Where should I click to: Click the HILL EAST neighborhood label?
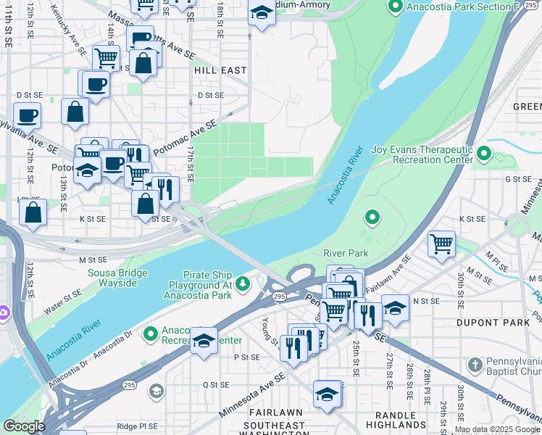[x=220, y=70]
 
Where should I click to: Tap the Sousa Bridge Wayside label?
[x=117, y=278]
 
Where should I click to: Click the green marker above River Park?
[x=372, y=217]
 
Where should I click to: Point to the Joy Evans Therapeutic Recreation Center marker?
[x=483, y=154]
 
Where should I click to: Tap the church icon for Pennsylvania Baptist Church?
[x=475, y=365]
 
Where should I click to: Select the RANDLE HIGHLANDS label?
[x=396, y=424]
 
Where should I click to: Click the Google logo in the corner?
[x=24, y=426]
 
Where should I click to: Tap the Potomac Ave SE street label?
[x=185, y=137]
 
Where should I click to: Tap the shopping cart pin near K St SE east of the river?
[x=441, y=244]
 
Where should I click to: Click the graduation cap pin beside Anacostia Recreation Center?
[x=204, y=340]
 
